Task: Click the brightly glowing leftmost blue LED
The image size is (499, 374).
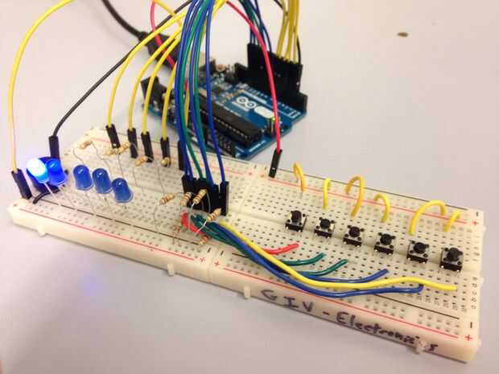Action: click(x=36, y=170)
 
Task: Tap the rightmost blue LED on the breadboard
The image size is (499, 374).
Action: click(x=122, y=191)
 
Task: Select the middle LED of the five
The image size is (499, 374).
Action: click(x=83, y=177)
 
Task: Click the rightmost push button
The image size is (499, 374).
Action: click(x=451, y=258)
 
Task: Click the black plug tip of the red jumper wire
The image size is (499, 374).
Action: click(x=274, y=164)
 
